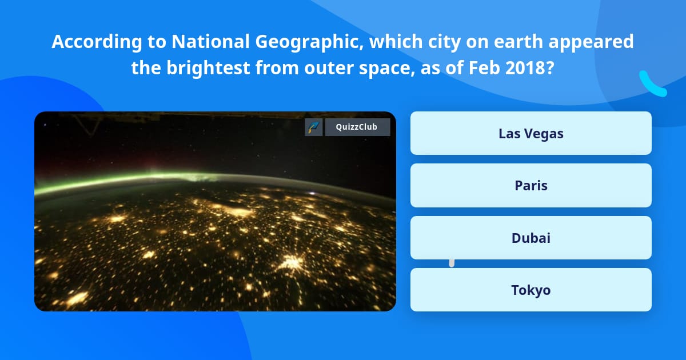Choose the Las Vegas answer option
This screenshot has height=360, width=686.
click(x=531, y=133)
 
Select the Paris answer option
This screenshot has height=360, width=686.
click(x=531, y=185)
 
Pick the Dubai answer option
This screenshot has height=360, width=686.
click(x=531, y=238)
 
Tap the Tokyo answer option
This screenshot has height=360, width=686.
click(x=531, y=290)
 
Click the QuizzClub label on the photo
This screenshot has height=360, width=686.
click(x=357, y=127)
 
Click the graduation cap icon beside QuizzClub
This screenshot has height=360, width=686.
click(x=314, y=127)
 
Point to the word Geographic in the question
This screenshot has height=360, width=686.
click(x=300, y=42)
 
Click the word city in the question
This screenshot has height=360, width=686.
click(x=440, y=42)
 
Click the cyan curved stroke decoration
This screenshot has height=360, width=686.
click(x=652, y=84)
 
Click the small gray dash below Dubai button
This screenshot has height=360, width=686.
click(x=452, y=263)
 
